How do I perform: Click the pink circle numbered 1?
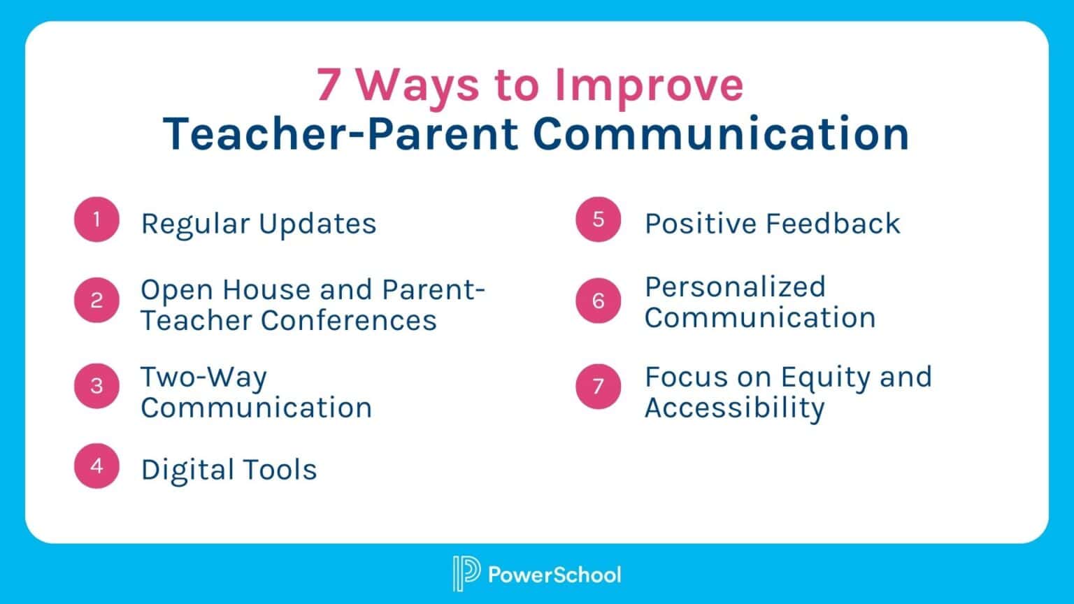(x=96, y=220)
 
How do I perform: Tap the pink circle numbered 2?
(x=96, y=301)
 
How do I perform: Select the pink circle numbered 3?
(x=96, y=385)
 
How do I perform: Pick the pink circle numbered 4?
(x=96, y=466)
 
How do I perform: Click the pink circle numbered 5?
(x=598, y=220)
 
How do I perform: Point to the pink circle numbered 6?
(x=598, y=301)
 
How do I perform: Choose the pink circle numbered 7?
(x=598, y=385)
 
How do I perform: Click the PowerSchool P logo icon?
(x=466, y=574)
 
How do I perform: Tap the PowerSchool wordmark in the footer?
(x=554, y=575)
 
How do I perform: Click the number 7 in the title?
(x=329, y=85)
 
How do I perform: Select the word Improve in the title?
(x=649, y=85)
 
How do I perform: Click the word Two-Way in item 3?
(x=203, y=377)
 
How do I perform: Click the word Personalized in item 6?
(x=735, y=287)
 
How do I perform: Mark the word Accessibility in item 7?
(x=734, y=408)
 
